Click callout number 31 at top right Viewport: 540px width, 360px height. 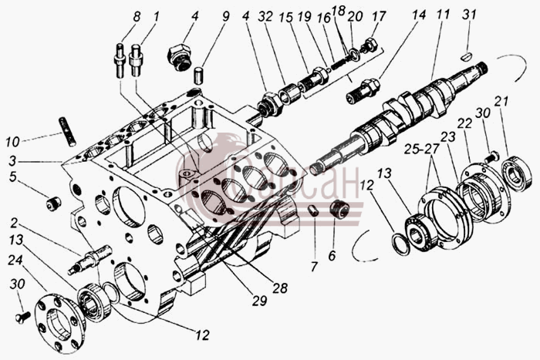[469, 15]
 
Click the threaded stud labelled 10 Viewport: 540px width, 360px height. [68, 132]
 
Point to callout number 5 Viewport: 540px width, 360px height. [13, 177]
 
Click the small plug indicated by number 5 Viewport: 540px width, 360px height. [53, 204]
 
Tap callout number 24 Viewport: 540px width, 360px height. [16, 260]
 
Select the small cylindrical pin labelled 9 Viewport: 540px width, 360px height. [200, 76]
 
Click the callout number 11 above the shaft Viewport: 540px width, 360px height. [443, 15]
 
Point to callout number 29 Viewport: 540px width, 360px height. [259, 301]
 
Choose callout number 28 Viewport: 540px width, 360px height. [279, 288]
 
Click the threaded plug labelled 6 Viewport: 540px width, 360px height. [339, 208]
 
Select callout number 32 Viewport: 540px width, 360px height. [266, 16]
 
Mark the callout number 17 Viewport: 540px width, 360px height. [380, 16]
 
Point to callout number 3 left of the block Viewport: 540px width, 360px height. [13, 160]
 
